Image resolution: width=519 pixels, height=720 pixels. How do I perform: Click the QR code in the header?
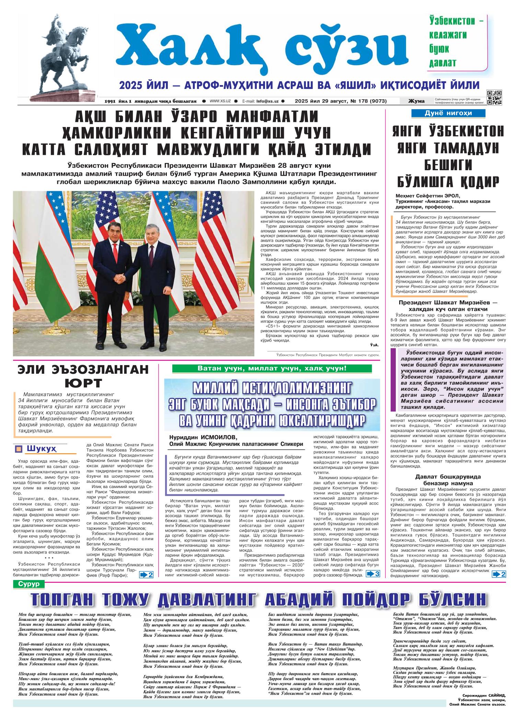pos(494,97)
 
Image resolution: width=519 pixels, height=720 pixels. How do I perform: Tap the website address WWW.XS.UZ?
pos(220,101)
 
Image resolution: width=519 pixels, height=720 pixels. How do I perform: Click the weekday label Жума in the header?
pos(416,101)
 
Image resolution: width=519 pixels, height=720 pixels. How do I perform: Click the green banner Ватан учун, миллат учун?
pos(272,369)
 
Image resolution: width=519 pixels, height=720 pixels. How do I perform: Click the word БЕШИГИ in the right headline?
pos(448,165)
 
